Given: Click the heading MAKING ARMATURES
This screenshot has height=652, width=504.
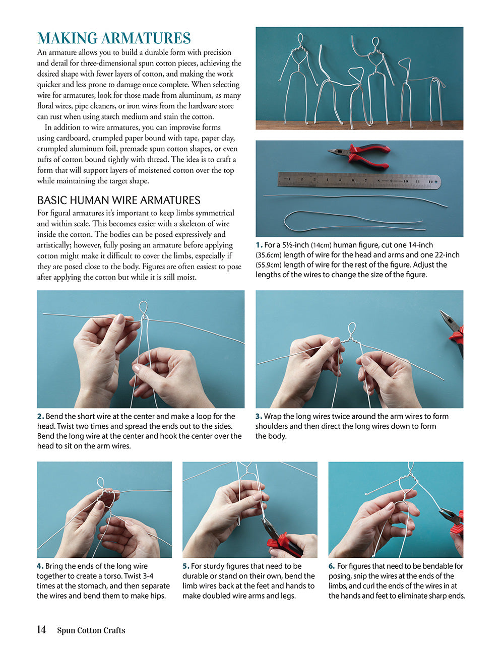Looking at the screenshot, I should pos(114,38).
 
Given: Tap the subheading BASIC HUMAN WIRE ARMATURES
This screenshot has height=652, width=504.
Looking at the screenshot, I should pos(118,200).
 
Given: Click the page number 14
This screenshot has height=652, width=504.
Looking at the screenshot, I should pos(41,630).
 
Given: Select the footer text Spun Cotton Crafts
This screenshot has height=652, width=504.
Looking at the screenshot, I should pos(91,630).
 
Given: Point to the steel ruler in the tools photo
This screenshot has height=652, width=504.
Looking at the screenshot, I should pos(359,180).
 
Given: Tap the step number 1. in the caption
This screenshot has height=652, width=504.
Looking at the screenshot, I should pos(259,245).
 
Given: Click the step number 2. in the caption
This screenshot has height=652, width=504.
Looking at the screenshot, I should pos(40,416).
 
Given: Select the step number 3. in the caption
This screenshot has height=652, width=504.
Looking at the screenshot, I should pos(259,416).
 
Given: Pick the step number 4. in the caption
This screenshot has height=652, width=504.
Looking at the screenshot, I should pos(40,566).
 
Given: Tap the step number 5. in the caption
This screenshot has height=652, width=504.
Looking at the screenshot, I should pos(185,566).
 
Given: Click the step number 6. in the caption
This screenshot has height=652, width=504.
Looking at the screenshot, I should pos(332,566).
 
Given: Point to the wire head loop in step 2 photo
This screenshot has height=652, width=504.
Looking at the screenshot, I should pos(143,308).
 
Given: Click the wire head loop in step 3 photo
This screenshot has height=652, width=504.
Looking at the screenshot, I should pos(351,330).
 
